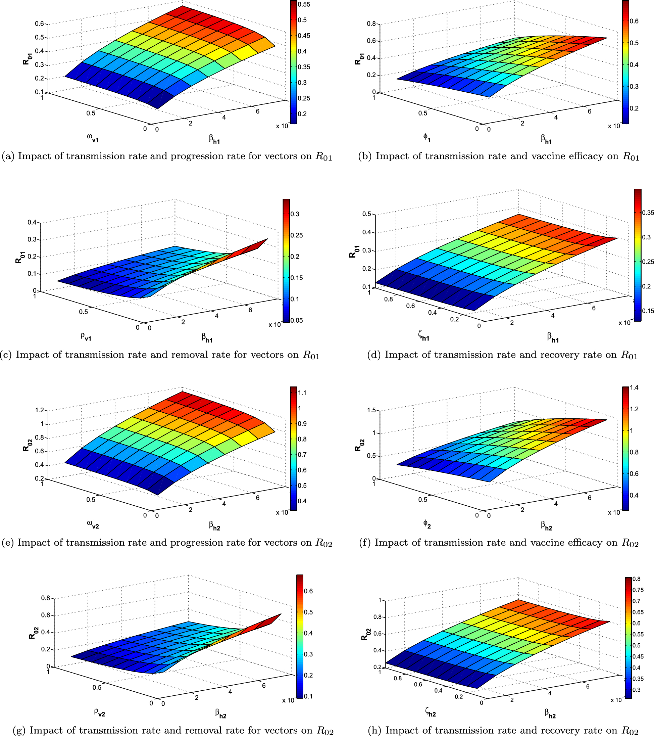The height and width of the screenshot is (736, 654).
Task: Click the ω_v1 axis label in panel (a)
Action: [x=93, y=138]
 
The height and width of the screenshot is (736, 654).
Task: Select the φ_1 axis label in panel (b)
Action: [x=426, y=137]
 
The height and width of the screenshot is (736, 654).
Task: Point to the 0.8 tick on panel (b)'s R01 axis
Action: [x=371, y=24]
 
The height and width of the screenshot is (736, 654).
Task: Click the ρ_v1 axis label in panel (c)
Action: [x=86, y=336]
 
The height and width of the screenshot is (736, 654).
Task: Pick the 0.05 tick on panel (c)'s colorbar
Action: [x=297, y=320]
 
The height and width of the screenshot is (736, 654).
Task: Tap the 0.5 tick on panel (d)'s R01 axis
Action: [x=366, y=214]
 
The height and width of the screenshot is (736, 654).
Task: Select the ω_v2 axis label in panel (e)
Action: [x=93, y=524]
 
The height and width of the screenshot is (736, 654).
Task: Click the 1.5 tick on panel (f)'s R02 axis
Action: [x=371, y=410]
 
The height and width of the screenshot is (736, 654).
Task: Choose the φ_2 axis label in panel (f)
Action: [x=427, y=524]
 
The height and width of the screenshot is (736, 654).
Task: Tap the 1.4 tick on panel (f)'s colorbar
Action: [x=634, y=387]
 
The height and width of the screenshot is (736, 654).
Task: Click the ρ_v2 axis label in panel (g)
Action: [x=99, y=711]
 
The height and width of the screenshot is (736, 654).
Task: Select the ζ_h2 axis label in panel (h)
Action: [x=430, y=711]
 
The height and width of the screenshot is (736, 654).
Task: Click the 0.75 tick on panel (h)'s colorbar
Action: [x=638, y=590]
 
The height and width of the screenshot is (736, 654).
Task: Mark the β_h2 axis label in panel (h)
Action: [x=550, y=712]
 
